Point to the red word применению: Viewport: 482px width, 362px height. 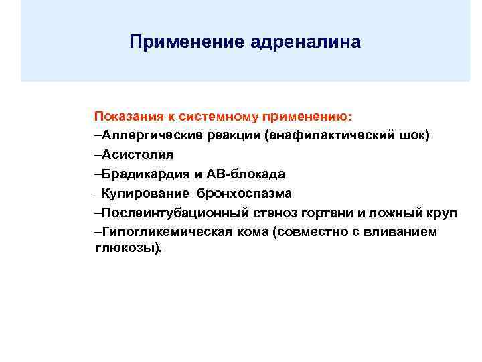click(x=305, y=116)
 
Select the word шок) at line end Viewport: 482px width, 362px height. click(x=416, y=135)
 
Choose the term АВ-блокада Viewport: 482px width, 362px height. click(x=250, y=174)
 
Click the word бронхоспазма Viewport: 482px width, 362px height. click(x=244, y=194)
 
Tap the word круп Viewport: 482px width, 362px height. click(x=441, y=213)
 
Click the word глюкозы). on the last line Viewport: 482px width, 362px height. click(x=125, y=248)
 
